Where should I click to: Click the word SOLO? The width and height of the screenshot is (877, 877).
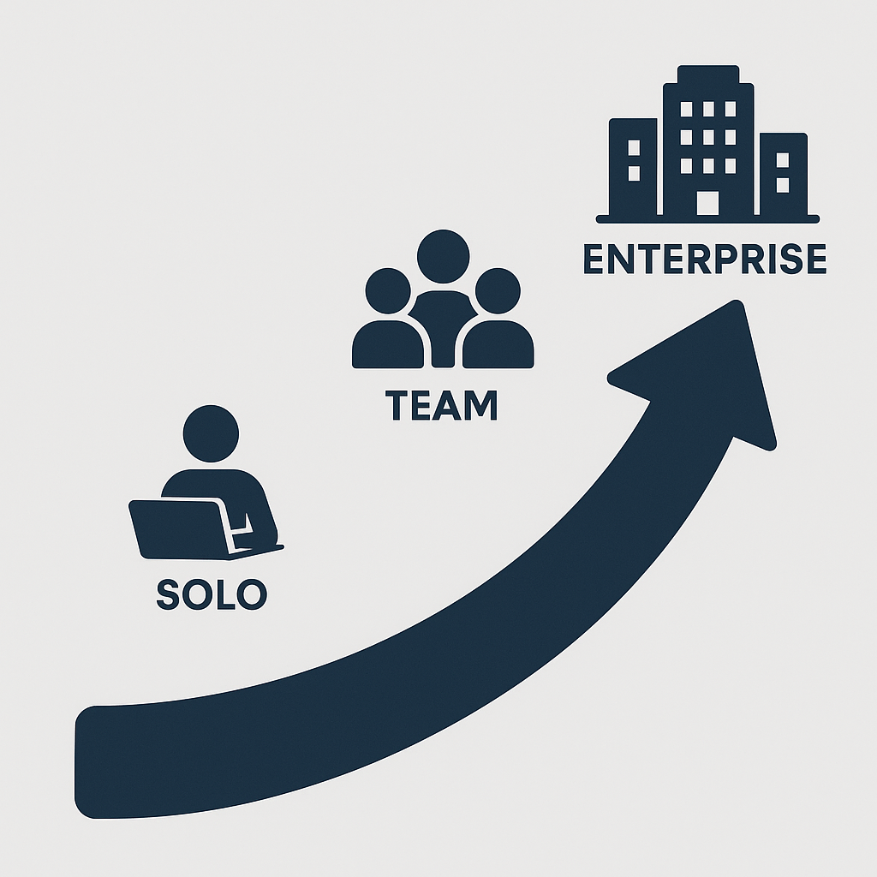point(212,594)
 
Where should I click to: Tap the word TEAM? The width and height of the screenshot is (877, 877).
point(442,406)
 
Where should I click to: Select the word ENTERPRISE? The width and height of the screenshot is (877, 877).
point(704,260)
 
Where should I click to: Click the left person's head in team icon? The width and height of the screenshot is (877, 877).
point(388,291)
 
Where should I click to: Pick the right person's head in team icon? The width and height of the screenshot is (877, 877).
point(498,291)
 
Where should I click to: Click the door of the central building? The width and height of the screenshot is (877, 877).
point(707,203)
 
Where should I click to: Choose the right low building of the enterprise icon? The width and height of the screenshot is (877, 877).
point(783,173)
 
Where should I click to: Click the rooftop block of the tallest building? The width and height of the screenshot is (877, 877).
point(707,74)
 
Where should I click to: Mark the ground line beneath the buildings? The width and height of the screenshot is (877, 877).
point(707,218)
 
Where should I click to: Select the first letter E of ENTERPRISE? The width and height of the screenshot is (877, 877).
point(594,260)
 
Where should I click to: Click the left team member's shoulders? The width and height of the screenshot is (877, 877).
point(387,346)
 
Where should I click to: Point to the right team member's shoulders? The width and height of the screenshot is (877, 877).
point(498,346)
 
